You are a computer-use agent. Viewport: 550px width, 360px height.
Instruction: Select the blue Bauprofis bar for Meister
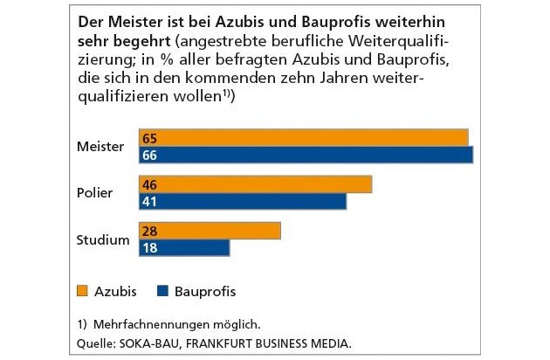coord(306,155)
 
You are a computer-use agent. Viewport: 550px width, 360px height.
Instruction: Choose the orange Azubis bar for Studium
coord(210,231)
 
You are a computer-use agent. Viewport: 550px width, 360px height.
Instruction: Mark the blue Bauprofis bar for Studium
coord(184,247)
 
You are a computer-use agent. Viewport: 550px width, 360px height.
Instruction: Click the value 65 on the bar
coord(149,137)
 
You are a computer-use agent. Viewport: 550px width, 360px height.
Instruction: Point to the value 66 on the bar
coord(149,155)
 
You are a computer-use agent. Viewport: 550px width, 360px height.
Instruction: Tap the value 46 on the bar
coord(149,184)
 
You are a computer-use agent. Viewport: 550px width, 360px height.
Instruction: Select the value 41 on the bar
coord(149,201)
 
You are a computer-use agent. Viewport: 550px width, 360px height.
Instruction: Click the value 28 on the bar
coord(149,231)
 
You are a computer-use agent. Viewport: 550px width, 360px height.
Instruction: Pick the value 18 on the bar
coord(149,247)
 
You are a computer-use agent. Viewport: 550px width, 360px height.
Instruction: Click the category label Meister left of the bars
coord(101,145)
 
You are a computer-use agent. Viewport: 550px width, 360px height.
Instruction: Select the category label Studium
coord(102,239)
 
